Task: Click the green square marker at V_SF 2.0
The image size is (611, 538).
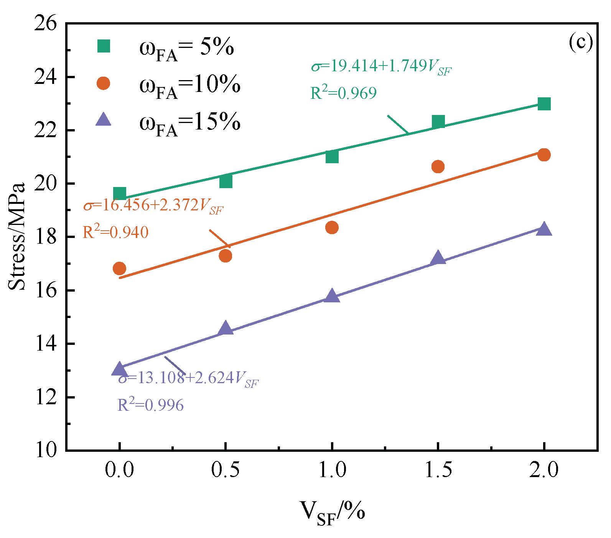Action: (544, 103)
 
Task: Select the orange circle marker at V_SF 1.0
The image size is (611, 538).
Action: (332, 227)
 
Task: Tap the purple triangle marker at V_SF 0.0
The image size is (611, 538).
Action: (119, 369)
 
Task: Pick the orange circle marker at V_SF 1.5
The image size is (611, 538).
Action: (438, 166)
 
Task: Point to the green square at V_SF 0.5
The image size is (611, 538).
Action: (226, 181)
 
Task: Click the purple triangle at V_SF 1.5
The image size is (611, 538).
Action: (438, 258)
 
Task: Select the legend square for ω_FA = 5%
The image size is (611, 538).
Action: (104, 46)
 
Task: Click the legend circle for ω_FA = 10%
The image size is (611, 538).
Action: (103, 83)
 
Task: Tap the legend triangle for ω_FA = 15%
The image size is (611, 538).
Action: (103, 119)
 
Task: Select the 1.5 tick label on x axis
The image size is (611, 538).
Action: (438, 470)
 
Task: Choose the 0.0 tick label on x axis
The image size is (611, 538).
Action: (120, 470)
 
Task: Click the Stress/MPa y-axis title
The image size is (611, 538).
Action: (17, 236)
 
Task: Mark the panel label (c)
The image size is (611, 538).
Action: (581, 42)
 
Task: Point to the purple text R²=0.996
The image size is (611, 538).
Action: (150, 404)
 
